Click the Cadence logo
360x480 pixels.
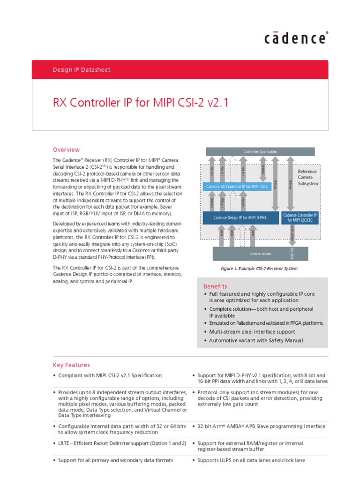coord(296,38)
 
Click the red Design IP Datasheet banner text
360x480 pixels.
coord(82,70)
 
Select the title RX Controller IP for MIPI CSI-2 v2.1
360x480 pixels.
coord(140,103)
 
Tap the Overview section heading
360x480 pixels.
coord(66,150)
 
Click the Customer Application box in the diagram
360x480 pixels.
coord(260,151)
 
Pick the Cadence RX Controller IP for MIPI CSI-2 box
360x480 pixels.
coord(237,187)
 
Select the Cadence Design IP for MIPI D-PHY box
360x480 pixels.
coord(240,217)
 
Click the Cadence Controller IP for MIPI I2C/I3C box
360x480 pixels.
coord(300,217)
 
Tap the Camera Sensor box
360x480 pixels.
coord(260,254)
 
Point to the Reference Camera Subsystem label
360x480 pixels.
coord(307,178)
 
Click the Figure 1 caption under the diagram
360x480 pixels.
coord(259,269)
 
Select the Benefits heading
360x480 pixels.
coord(215,286)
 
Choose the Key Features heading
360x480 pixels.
coord(71,365)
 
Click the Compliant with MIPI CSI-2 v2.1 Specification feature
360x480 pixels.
coord(110,375)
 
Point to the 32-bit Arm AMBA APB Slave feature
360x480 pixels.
coord(261,427)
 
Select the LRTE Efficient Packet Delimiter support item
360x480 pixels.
coord(122,443)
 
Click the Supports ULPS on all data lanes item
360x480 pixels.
coord(251,460)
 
